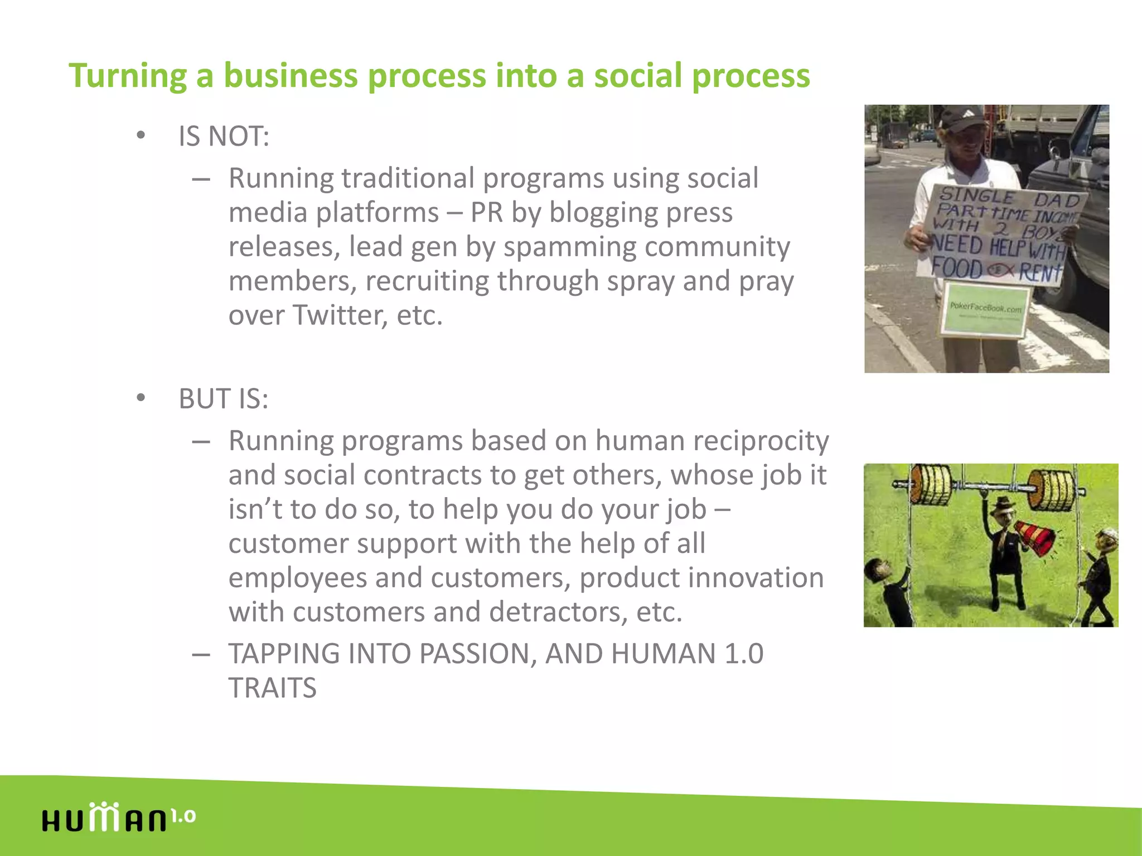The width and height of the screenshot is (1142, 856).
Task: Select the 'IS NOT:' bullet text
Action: [224, 136]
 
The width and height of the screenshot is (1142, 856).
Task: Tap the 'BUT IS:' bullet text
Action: [223, 398]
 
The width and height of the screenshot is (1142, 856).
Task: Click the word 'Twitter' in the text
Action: [340, 315]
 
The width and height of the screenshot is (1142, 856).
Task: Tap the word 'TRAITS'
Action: [273, 688]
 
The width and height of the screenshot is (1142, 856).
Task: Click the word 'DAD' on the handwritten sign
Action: [1057, 200]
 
